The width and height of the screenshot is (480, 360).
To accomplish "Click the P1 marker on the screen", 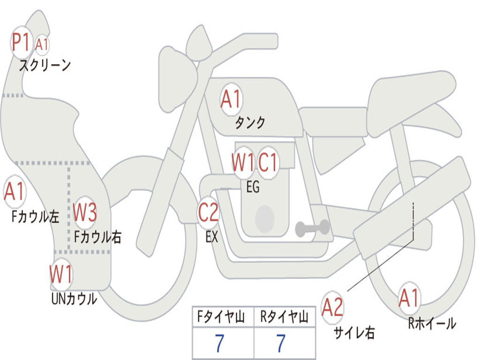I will (x=21, y=42).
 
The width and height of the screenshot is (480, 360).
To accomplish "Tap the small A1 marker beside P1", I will (x=42, y=45).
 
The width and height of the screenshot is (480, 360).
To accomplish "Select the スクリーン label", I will (x=45, y=65).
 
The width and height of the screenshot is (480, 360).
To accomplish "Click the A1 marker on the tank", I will (x=231, y=99).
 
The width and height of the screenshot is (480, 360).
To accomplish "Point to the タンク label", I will (x=250, y=122).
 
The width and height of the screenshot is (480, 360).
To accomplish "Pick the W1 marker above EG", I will (x=243, y=162).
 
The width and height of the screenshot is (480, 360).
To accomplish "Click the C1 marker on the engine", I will (x=269, y=162).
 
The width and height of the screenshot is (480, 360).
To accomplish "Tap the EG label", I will (x=253, y=187).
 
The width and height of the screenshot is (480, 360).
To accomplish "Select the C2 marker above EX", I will (x=208, y=213).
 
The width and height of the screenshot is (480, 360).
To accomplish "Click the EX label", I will (x=212, y=237).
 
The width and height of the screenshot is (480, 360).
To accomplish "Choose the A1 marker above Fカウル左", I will (x=14, y=191).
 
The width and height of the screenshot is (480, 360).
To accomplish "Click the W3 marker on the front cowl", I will (x=85, y=213).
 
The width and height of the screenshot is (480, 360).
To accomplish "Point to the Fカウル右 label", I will (x=98, y=237).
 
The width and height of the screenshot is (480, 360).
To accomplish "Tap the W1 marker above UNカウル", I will (x=61, y=274).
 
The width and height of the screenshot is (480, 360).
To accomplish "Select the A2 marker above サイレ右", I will (x=332, y=307).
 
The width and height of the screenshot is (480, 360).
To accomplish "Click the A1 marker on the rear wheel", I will (x=409, y=298).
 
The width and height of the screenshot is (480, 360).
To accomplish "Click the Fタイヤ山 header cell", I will (x=223, y=318).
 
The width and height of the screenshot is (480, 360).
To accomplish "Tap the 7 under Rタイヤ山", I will (x=281, y=344).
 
